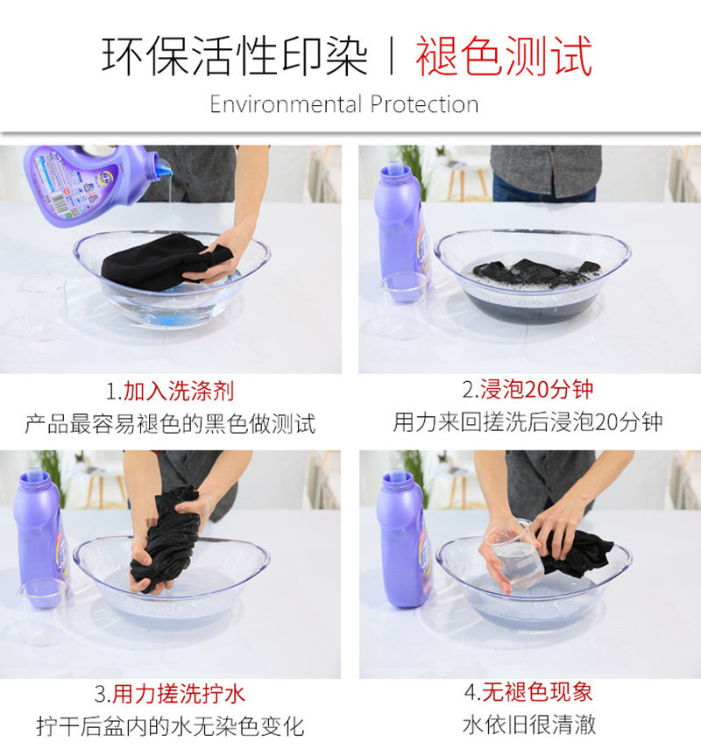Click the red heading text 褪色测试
(x=504, y=56)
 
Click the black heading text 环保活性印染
(x=235, y=56)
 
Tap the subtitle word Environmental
(x=287, y=104)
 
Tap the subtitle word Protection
(x=424, y=104)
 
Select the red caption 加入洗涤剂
(x=179, y=392)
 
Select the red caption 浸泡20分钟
(x=536, y=389)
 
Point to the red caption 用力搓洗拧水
(x=179, y=694)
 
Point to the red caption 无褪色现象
(x=537, y=692)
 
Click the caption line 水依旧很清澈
(x=529, y=724)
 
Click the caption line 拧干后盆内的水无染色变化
(x=171, y=726)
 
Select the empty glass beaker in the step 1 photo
(x=42, y=307)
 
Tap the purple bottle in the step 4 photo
(x=403, y=539)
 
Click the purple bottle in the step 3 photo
(x=40, y=540)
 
